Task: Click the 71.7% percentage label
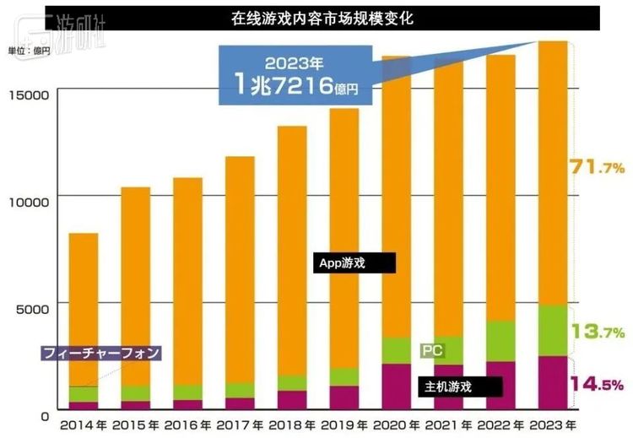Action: click(x=597, y=167)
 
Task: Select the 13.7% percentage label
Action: click(x=597, y=332)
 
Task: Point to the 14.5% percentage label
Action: click(x=597, y=385)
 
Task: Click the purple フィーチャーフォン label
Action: click(x=100, y=353)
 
